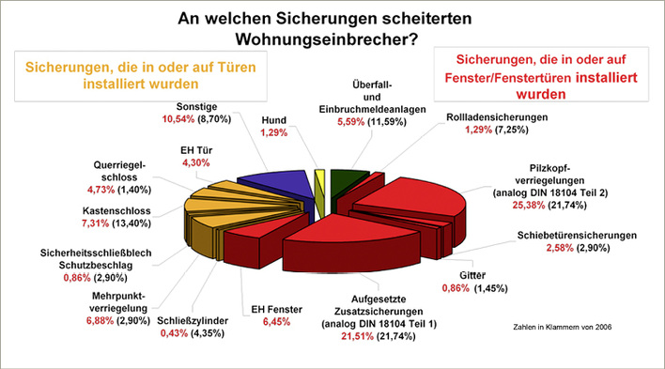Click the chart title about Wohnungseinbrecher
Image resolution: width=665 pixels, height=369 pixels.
332,27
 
